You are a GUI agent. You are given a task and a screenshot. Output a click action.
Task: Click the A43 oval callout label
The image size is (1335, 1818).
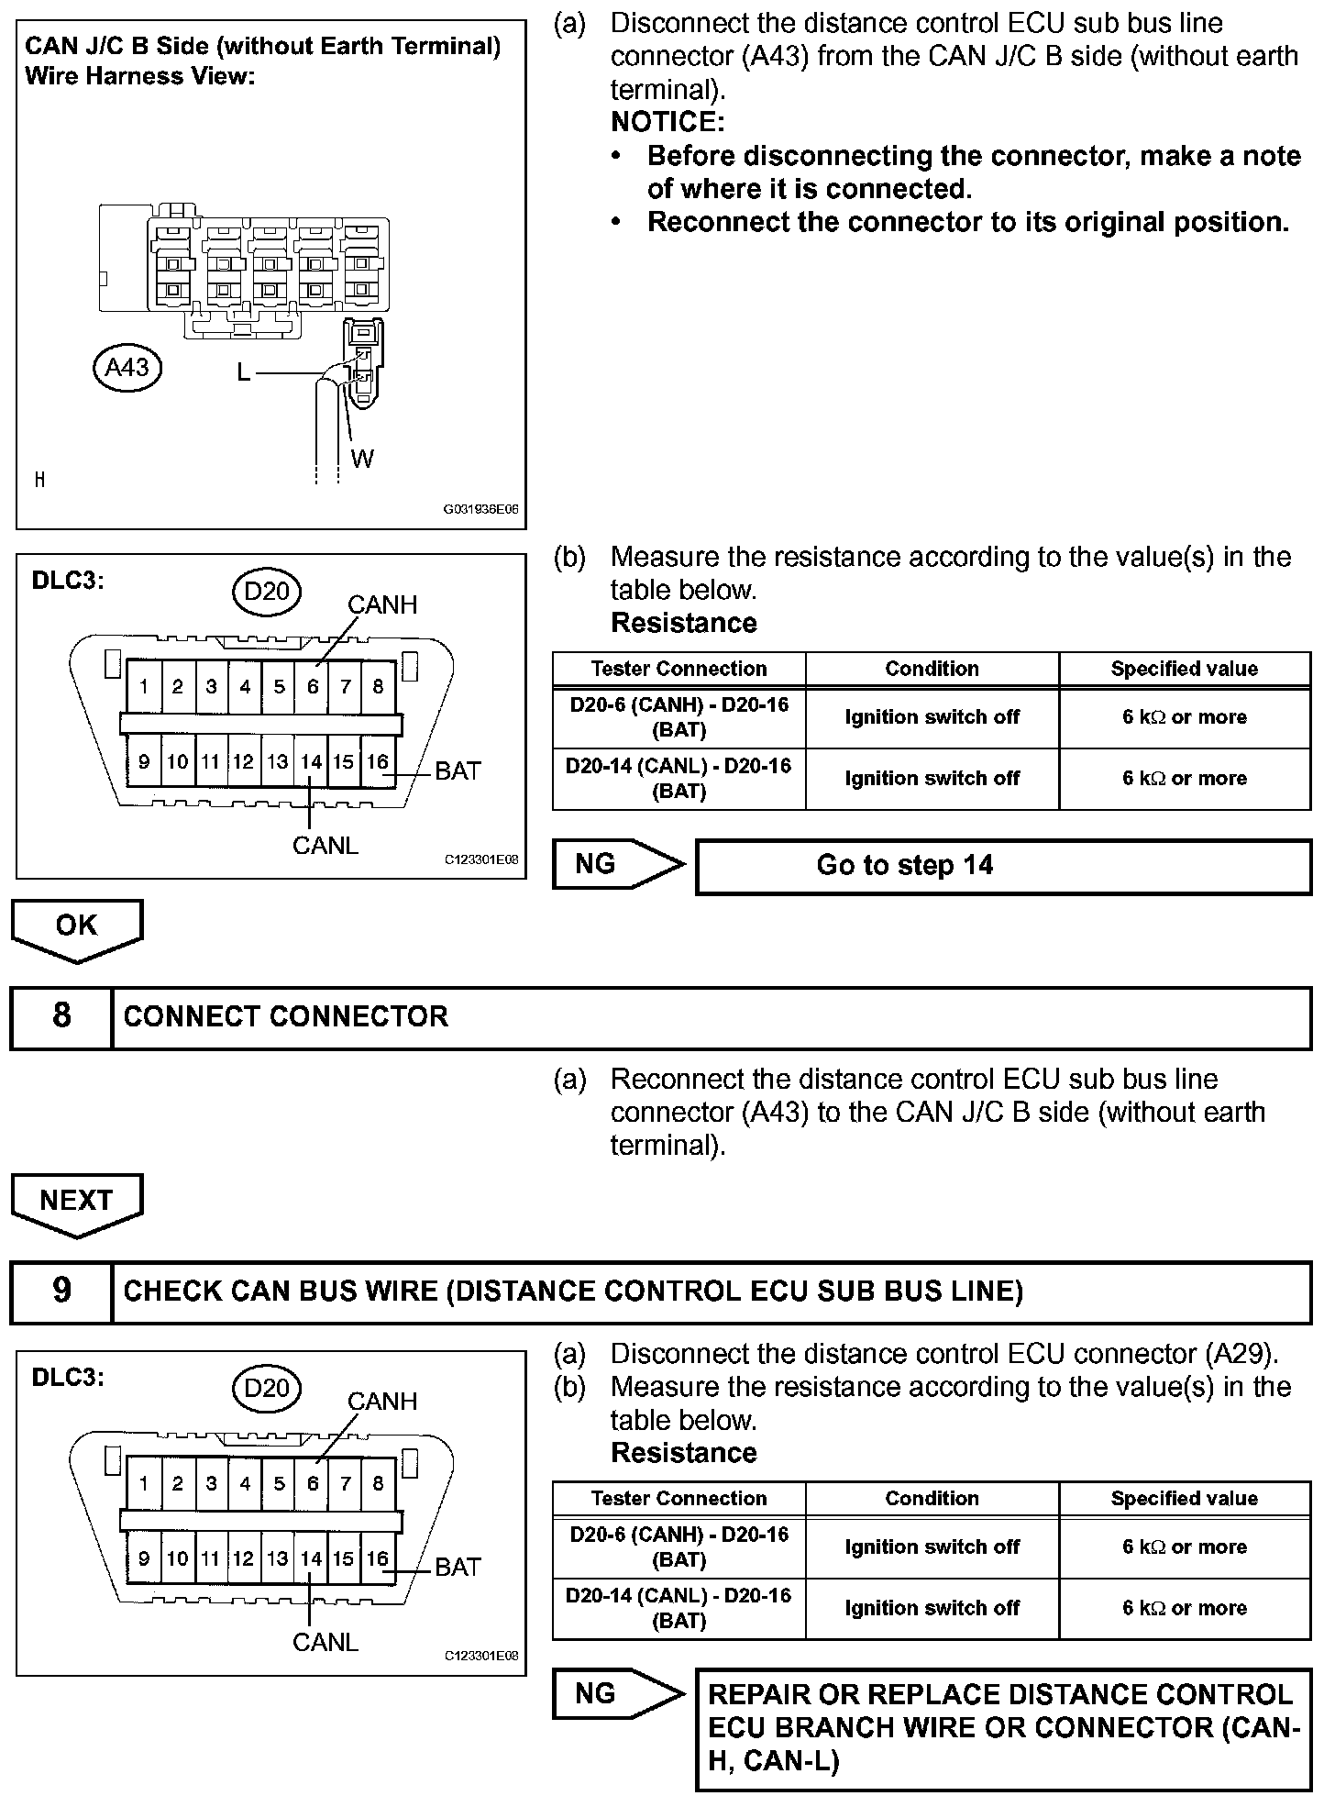127,368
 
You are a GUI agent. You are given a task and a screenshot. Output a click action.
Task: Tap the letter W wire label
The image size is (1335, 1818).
362,459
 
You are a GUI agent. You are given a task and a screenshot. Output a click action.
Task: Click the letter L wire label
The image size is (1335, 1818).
243,371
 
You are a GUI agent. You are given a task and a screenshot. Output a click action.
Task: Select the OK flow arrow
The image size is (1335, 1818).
77,927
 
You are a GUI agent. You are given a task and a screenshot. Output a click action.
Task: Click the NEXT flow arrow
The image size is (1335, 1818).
77,1202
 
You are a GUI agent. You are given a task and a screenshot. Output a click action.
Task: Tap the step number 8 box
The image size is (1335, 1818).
61,1016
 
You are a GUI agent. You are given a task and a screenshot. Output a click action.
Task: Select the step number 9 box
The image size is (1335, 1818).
61,1291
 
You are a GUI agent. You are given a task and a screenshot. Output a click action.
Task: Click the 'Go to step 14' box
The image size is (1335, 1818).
1003,866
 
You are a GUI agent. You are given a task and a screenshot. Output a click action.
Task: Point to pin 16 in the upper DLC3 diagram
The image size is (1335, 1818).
378,762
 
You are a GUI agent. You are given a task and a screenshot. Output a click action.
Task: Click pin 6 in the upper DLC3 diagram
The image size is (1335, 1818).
313,686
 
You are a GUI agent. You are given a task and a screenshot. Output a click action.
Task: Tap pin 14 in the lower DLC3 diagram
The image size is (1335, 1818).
312,1558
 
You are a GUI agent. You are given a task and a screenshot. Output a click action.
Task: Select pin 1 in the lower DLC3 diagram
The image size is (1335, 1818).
144,1483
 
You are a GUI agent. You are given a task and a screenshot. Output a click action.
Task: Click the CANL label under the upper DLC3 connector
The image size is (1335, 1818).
325,845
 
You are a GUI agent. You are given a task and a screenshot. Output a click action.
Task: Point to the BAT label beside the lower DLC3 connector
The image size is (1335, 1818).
458,1567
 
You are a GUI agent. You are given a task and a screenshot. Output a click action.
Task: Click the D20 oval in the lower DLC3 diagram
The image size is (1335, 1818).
267,1388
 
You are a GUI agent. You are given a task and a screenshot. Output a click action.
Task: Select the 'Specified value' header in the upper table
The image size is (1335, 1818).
1184,669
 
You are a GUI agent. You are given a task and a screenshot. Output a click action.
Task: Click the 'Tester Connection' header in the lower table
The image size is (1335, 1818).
679,1498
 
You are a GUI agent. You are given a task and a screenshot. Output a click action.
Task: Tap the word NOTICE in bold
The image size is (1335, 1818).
667,122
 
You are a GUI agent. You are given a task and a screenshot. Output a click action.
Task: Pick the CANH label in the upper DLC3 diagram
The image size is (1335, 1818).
382,604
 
